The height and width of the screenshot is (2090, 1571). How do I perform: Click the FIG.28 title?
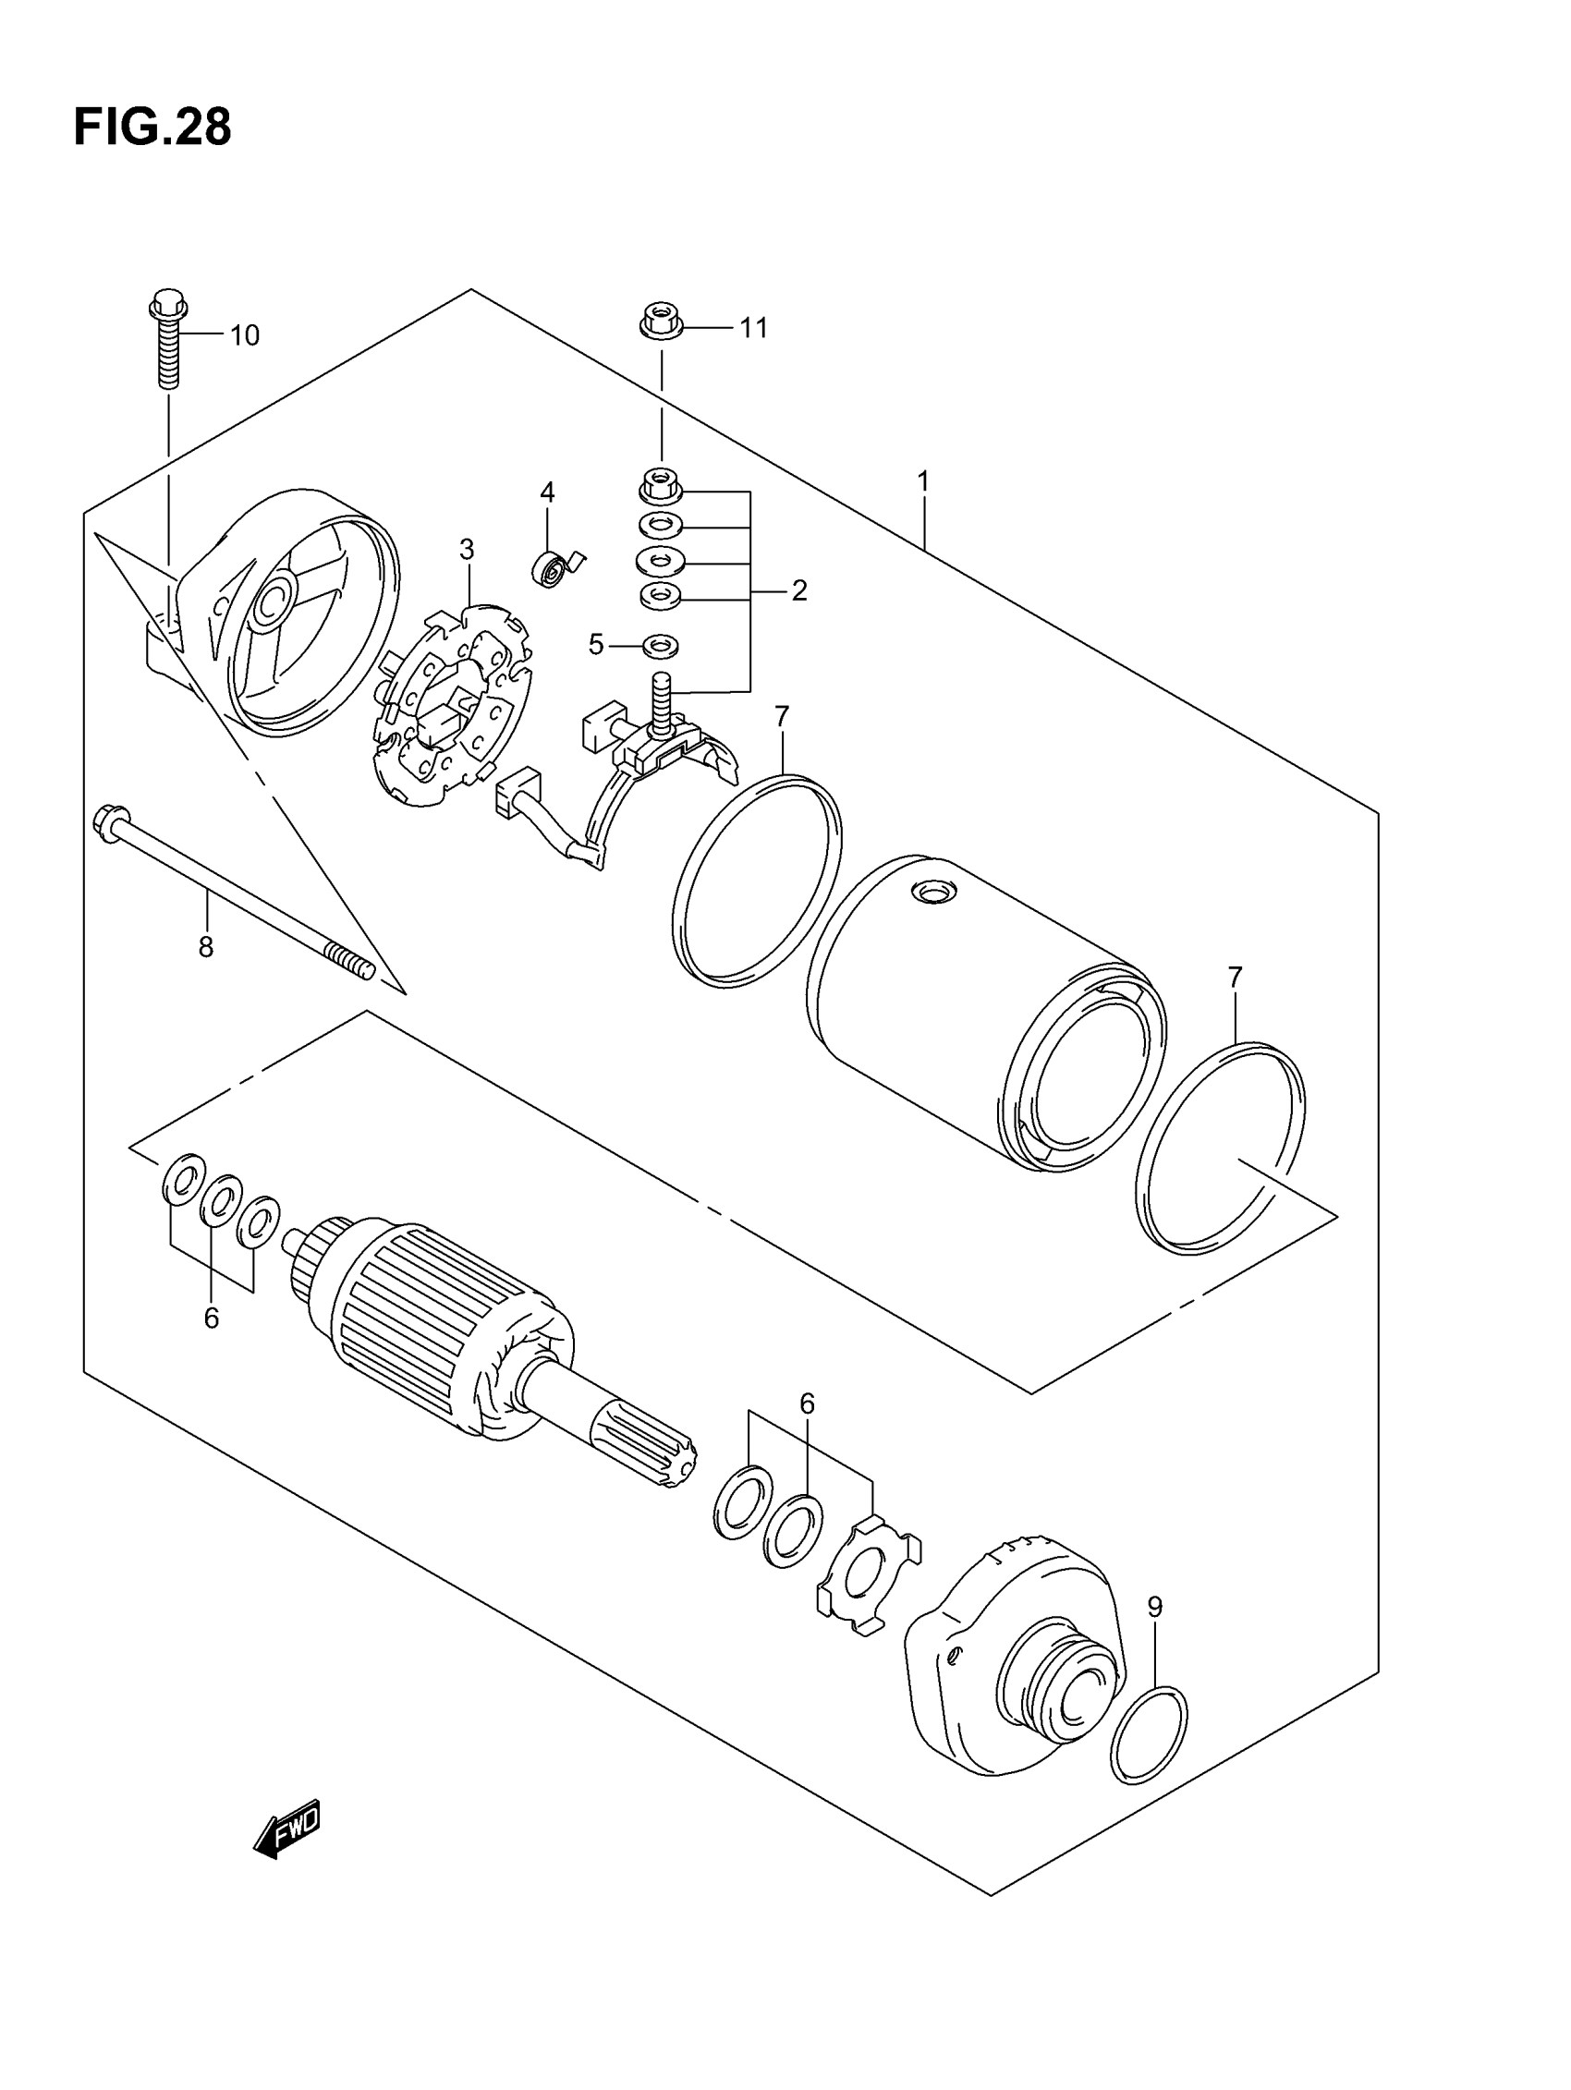pos(152,128)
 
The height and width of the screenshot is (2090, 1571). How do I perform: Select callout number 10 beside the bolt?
pos(244,335)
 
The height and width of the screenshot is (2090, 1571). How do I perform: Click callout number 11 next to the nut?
pos(752,328)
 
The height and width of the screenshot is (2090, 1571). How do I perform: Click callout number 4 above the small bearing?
pos(547,492)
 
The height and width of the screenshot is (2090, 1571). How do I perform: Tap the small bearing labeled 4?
pos(550,569)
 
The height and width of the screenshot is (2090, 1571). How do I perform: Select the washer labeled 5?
pos(661,647)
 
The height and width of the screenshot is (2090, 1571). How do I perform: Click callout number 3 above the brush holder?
pos(466,549)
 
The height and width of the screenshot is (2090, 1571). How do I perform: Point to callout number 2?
pos(799,591)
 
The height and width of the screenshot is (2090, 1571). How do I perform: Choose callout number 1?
pos(922,482)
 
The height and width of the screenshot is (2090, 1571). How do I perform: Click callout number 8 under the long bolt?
pos(206,946)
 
